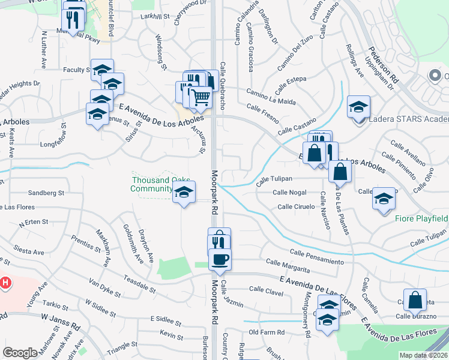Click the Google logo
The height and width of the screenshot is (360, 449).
point(20,353)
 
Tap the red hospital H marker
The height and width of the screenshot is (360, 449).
point(5,282)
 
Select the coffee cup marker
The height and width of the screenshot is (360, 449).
point(220,260)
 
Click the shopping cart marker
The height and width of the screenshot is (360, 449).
point(201,97)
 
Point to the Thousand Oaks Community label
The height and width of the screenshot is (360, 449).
point(152,184)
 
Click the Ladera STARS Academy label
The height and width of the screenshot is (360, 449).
point(409,119)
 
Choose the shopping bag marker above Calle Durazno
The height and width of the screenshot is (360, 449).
point(415,299)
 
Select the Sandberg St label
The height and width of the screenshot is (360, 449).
point(46,193)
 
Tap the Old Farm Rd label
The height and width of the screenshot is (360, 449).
point(266,332)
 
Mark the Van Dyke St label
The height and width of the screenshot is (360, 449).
point(104,288)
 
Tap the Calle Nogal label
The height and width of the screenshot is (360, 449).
point(289,193)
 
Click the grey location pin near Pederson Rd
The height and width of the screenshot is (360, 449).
point(434,76)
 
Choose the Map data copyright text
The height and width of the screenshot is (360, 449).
point(424,355)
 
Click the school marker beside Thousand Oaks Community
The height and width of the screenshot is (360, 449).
point(184,193)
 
